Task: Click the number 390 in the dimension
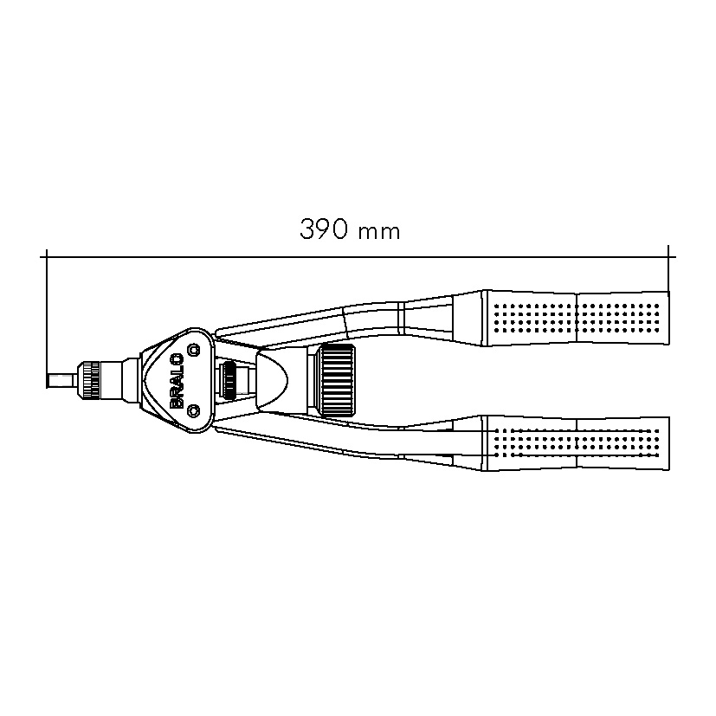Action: (x=325, y=230)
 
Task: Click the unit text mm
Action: (x=378, y=232)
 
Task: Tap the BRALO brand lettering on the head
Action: (x=176, y=378)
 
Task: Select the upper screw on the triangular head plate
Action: (x=193, y=350)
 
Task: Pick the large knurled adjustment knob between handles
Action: (x=338, y=378)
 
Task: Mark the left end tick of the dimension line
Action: (x=45, y=256)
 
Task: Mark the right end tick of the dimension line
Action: (x=668, y=256)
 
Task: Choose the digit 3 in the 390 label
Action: (x=307, y=230)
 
